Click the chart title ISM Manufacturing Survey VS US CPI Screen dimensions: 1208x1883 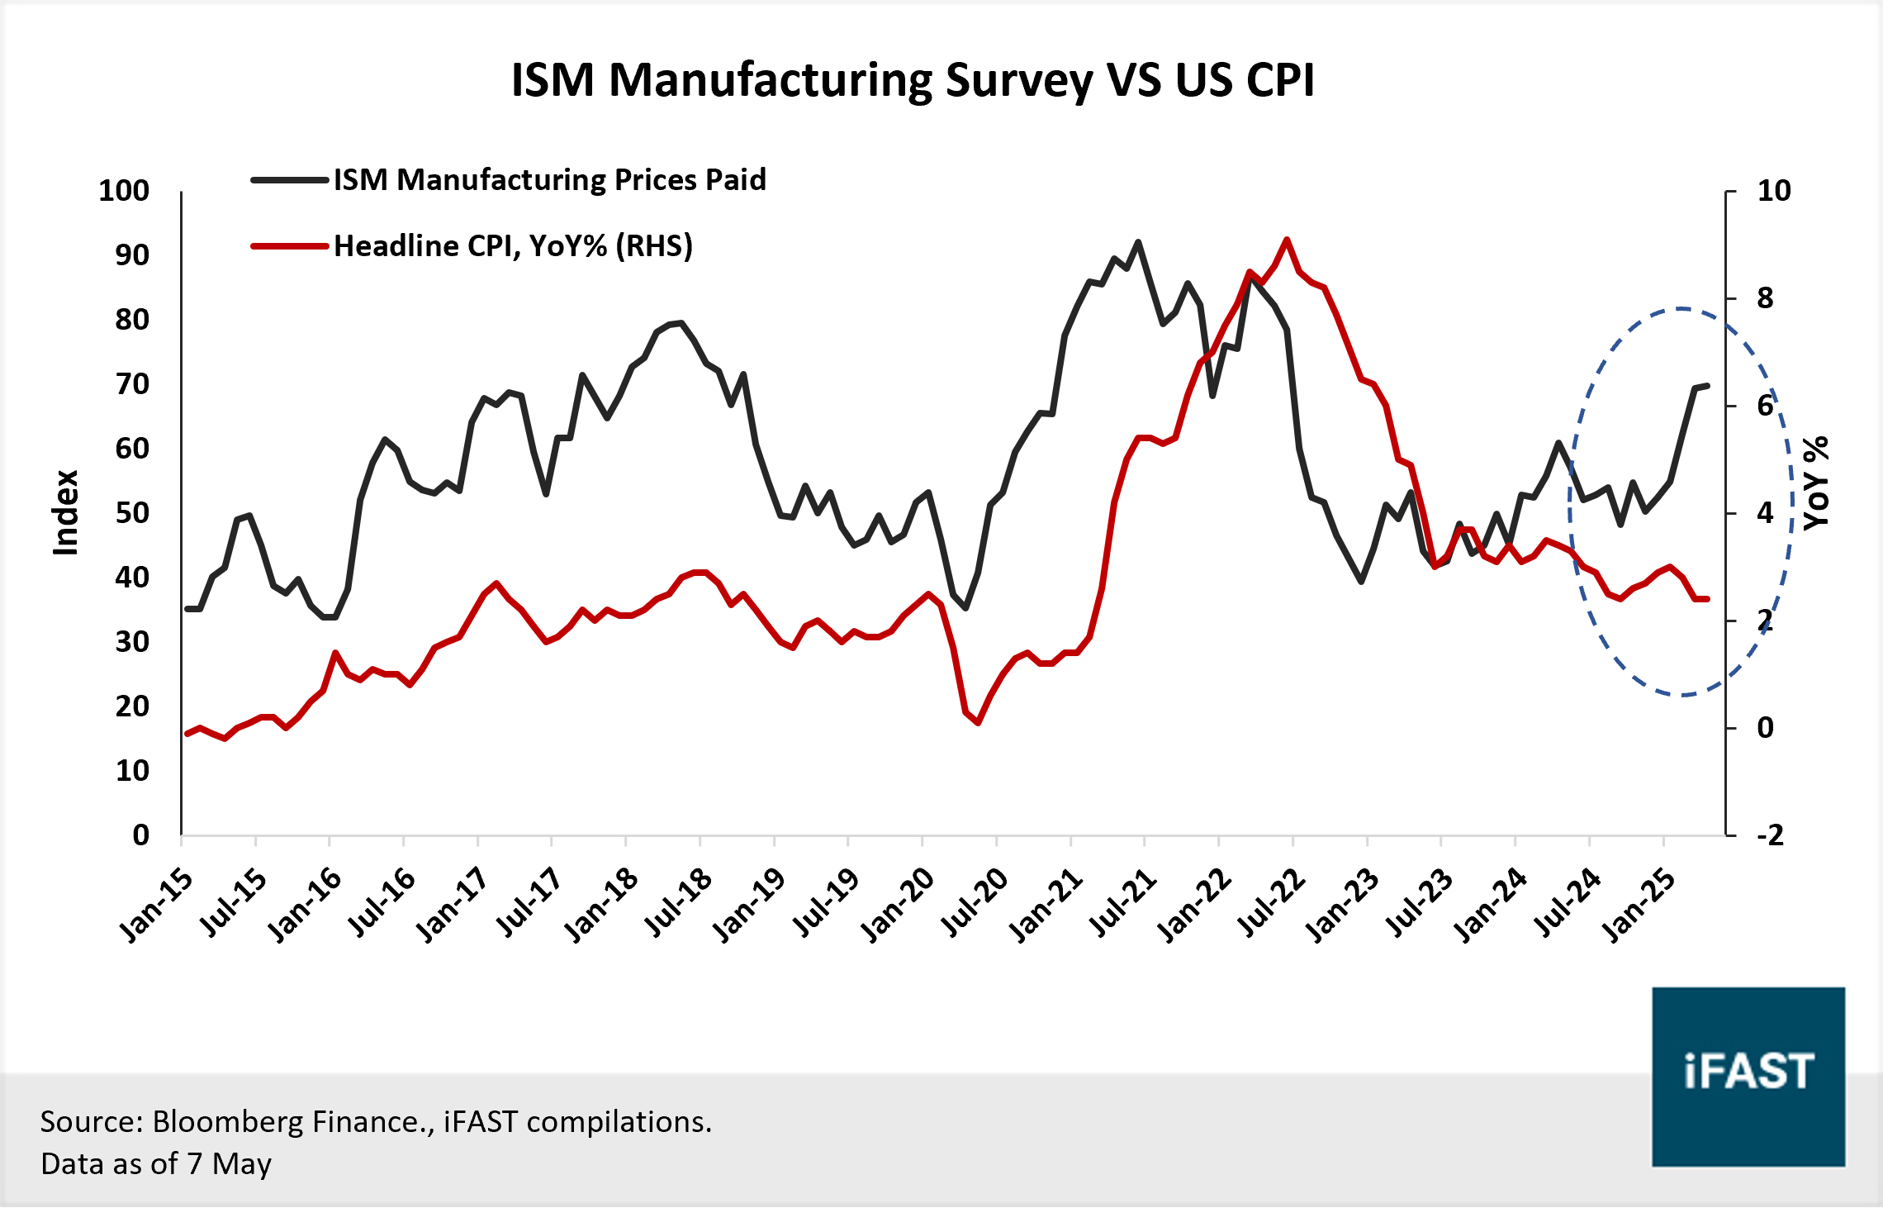click(x=912, y=80)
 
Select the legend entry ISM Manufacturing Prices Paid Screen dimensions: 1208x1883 click(x=549, y=180)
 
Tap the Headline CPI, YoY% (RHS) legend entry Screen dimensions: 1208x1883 click(x=513, y=246)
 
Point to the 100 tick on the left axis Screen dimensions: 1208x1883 click(x=124, y=191)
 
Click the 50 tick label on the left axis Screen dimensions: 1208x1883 click(x=132, y=513)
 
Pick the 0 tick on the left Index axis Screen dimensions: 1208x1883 click(x=140, y=835)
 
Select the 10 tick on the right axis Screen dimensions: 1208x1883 click(x=1773, y=191)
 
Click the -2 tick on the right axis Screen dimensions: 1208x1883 click(x=1770, y=835)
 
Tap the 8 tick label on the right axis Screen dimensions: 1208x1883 click(x=1765, y=298)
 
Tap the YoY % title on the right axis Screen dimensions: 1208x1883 click(x=1816, y=483)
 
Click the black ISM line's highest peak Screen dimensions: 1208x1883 click(x=1138, y=242)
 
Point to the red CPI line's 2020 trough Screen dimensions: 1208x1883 click(x=978, y=723)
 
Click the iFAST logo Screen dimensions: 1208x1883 click(x=1748, y=1076)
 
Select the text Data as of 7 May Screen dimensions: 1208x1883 click(x=156, y=1163)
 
